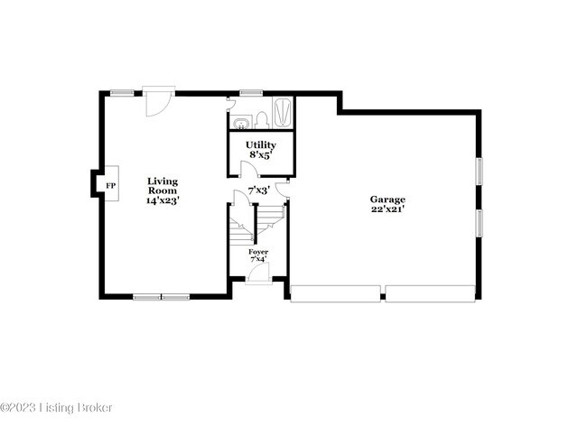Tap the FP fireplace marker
click(111, 186)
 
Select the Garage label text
click(387, 200)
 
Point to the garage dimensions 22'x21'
click(387, 209)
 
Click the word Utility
click(261, 144)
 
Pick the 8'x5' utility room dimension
click(261, 154)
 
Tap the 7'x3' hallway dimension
click(258, 190)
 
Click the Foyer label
click(258, 252)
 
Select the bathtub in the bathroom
click(282, 113)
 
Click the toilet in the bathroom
click(261, 119)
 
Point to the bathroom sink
click(242, 122)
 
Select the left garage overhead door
click(334, 292)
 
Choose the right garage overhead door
click(430, 292)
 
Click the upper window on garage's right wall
click(480, 171)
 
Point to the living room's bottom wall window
click(162, 295)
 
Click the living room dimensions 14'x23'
click(163, 201)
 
